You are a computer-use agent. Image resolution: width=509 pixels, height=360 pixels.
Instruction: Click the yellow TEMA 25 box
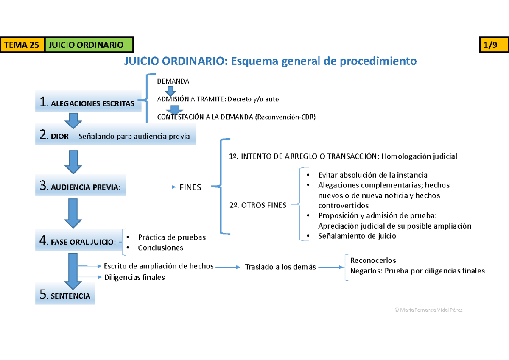23,45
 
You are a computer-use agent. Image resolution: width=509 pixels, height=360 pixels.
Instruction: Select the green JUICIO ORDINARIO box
89,45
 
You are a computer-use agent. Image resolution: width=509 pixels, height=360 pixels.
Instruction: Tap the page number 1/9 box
489,45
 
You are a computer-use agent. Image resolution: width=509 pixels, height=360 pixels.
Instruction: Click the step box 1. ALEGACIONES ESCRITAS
88,103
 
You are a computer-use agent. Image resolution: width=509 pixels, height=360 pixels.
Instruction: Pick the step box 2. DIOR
115,136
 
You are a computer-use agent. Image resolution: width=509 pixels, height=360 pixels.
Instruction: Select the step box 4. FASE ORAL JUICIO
78,241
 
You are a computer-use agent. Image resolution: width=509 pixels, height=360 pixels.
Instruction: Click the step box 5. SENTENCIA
65,296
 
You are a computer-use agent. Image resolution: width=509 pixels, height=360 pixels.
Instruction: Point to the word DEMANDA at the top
173,81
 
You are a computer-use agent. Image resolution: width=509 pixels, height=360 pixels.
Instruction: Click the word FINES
190,187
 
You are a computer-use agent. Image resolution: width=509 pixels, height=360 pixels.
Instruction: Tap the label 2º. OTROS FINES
257,205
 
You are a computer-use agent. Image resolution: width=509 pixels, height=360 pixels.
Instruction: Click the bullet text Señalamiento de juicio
357,236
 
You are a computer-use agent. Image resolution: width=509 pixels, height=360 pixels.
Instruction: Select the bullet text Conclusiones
160,248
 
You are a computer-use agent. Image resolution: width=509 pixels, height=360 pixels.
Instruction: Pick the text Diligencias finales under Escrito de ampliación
134,277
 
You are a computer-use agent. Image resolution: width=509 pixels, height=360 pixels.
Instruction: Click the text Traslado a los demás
280,267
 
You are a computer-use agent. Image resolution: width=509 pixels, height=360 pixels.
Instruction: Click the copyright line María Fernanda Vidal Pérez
428,310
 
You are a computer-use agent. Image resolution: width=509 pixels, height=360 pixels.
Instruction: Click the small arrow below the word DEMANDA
170,90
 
